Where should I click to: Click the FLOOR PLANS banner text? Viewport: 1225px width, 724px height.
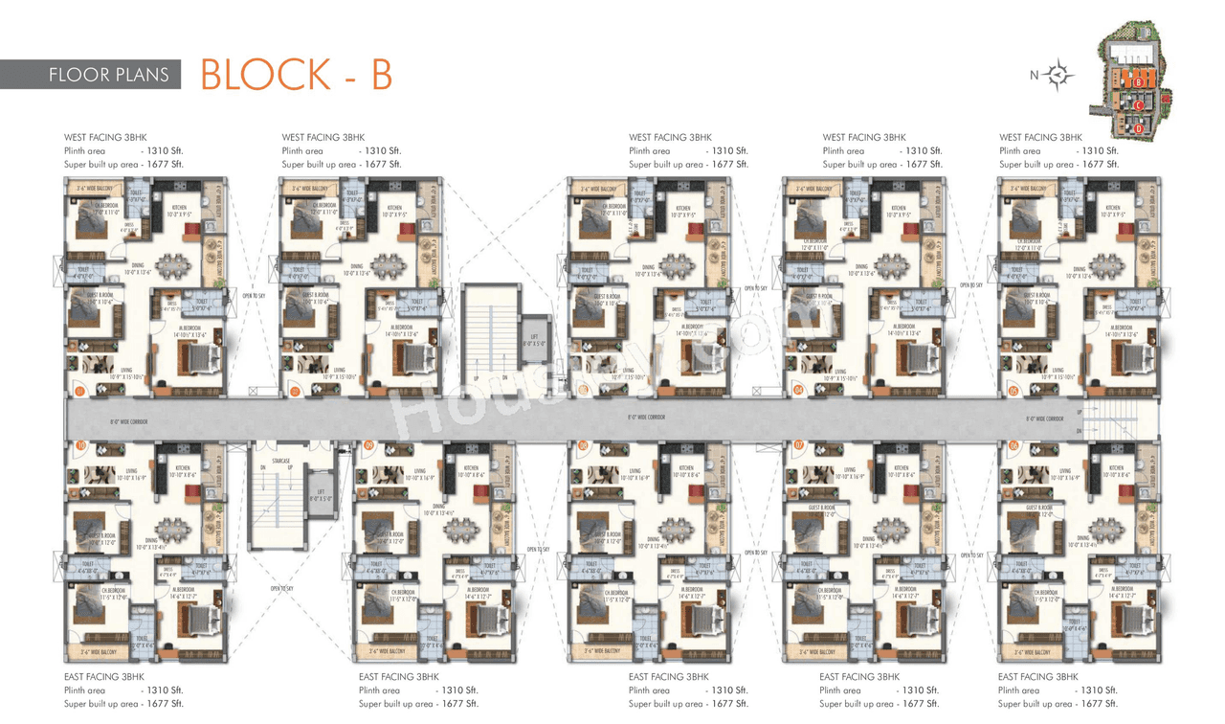tap(108, 75)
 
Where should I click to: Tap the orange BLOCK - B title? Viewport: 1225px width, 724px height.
tap(296, 75)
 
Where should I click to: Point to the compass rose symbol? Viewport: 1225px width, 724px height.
tap(1059, 75)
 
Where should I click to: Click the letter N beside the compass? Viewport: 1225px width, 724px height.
tap(1034, 75)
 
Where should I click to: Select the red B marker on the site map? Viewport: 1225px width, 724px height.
tap(1137, 82)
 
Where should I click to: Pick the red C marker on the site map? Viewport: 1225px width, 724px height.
tap(1139, 104)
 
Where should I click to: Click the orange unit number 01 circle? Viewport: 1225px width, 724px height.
tap(80, 391)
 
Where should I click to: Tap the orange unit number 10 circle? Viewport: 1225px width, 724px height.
tap(80, 446)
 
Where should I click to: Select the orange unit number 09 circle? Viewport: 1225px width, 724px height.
tap(367, 446)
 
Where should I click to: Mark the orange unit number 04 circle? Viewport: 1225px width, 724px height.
tap(798, 391)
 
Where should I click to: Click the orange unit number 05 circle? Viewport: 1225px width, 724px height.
tap(1013, 391)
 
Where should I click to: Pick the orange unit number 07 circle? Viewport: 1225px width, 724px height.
tap(798, 446)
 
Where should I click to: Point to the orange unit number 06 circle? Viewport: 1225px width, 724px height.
tap(1013, 446)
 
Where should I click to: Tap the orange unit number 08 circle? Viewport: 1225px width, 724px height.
tap(582, 446)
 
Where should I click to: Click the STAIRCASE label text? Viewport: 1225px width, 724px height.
tap(280, 461)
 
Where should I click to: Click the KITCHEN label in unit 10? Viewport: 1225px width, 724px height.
tap(184, 468)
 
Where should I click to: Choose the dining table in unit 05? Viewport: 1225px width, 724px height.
tap(1107, 264)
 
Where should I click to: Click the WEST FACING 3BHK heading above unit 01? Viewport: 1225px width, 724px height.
tap(105, 138)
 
